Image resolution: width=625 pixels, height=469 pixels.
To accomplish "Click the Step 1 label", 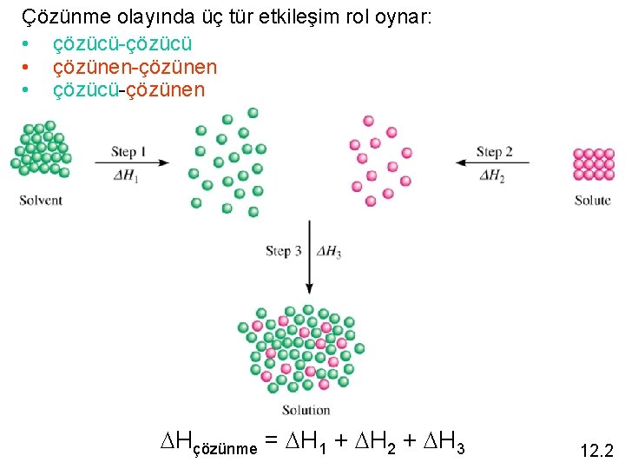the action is click(x=128, y=151).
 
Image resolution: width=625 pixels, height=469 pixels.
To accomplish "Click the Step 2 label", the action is click(x=494, y=152).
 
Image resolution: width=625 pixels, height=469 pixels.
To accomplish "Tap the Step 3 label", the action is click(x=284, y=251).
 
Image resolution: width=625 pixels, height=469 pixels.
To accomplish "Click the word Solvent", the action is click(x=41, y=200).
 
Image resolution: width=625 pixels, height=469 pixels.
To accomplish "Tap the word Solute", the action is click(x=593, y=200).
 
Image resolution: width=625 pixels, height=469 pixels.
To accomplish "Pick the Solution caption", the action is click(x=306, y=409).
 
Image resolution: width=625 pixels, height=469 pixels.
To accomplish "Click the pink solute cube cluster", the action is click(x=593, y=164).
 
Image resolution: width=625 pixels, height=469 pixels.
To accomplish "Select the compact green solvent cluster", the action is click(x=41, y=149).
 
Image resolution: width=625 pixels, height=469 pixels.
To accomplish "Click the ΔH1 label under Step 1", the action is click(x=126, y=176).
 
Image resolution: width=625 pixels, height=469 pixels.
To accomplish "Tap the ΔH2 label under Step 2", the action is click(x=491, y=176).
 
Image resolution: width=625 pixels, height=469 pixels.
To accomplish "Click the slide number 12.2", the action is click(x=595, y=451).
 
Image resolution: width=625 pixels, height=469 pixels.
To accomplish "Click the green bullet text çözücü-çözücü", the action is click(x=122, y=43).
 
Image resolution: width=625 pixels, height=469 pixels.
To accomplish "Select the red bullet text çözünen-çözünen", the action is click(x=135, y=67).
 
